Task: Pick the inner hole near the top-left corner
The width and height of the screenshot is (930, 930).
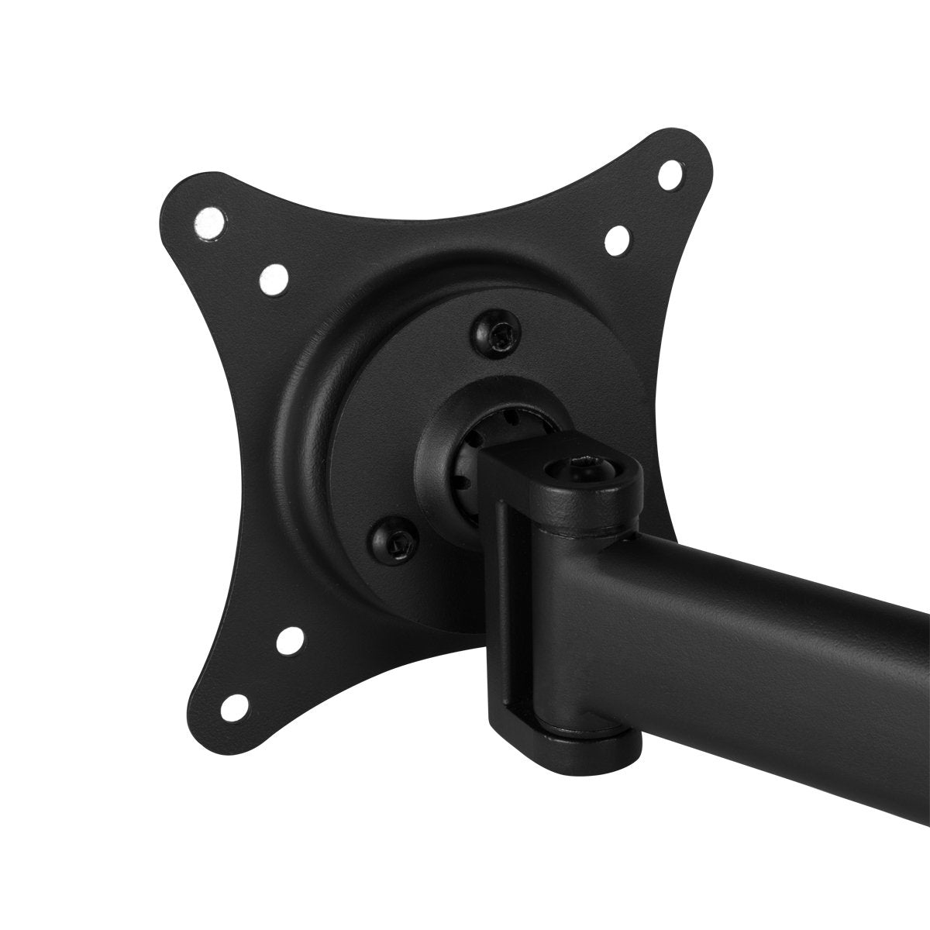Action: (272, 280)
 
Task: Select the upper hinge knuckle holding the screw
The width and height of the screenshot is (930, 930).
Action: (597, 496)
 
